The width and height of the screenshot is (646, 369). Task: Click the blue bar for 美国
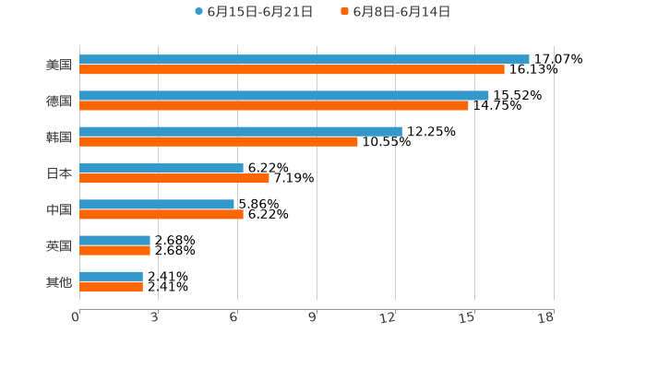[305, 59]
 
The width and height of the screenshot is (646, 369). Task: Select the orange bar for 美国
[292, 70]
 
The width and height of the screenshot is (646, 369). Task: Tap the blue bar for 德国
[284, 95]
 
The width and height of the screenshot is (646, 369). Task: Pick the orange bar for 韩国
[219, 142]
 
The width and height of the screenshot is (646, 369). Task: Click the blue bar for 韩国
[241, 131]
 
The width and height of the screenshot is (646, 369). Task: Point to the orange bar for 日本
[174, 178]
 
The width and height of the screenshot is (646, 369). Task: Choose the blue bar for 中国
[157, 204]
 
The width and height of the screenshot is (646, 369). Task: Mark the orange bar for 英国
[114, 250]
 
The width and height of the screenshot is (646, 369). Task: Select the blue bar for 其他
[111, 276]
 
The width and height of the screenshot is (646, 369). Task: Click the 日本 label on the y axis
[59, 173]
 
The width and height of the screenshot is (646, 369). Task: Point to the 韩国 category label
[59, 137]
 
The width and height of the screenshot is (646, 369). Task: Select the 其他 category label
[59, 281]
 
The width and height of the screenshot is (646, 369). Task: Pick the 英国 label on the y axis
[59, 245]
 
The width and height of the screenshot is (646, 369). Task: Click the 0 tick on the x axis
[77, 317]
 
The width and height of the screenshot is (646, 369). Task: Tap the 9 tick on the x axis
[313, 317]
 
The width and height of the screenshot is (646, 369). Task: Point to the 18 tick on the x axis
[545, 317]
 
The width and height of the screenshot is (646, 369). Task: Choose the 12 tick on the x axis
[389, 317]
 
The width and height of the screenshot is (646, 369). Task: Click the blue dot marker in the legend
[198, 12]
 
